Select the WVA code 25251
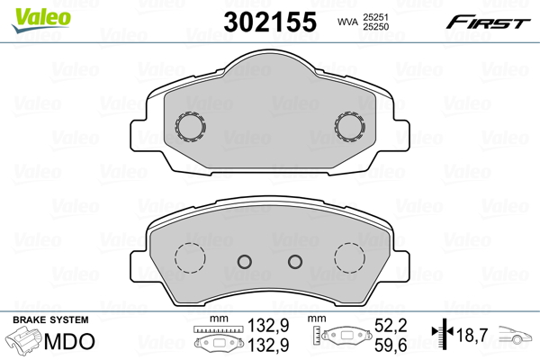pyautogui.click(x=373, y=15)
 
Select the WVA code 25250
pyautogui.click(x=373, y=27)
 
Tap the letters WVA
pyautogui.click(x=345, y=21)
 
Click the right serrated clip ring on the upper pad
pyautogui.click(x=348, y=127)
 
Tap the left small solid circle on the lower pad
pyautogui.click(x=243, y=262)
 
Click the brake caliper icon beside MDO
pyautogui.click(x=24, y=343)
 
